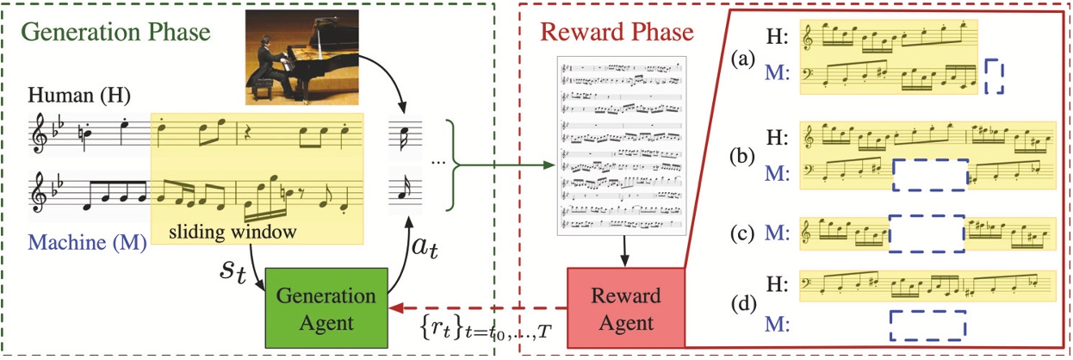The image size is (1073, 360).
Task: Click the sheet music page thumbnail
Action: (x=620, y=146)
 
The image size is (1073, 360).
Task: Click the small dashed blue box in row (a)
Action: (x=994, y=76)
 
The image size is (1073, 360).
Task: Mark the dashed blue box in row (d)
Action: (x=927, y=326)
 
